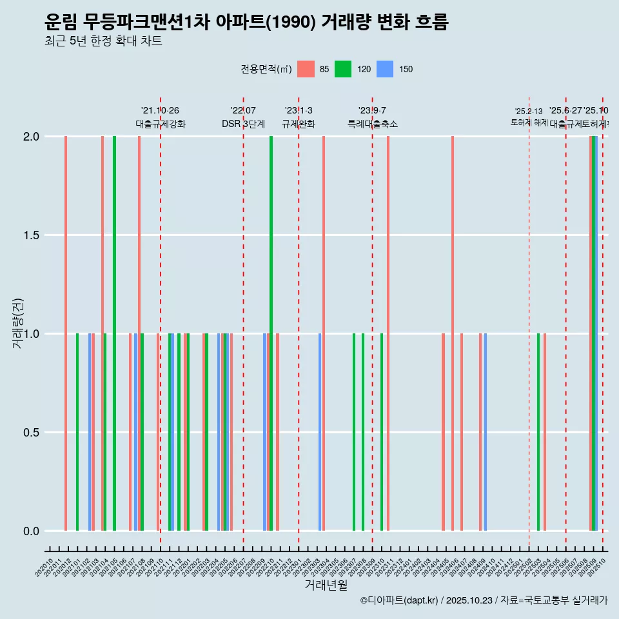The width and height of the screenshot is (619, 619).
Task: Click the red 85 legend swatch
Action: pos(306,69)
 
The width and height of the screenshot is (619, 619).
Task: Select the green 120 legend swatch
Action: pos(343,69)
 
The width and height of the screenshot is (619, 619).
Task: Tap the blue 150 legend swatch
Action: pos(385,69)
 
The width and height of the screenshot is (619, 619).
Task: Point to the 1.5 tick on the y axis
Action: pos(30,235)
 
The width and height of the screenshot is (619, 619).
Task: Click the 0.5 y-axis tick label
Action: pos(30,433)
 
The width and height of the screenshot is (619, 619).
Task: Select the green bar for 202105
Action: pos(114,333)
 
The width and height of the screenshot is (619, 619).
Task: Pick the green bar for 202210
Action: pos(271,333)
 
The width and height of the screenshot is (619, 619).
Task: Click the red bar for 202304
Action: pos(324,333)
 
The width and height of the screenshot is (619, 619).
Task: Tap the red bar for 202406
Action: pos(453,333)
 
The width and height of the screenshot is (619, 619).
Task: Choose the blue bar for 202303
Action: pos(320,432)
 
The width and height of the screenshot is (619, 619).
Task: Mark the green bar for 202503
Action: pos(538,432)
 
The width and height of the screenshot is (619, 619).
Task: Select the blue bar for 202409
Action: pos(486,432)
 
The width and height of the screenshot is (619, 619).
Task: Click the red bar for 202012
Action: pos(66,333)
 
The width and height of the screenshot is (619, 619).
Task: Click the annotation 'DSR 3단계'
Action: pos(243,124)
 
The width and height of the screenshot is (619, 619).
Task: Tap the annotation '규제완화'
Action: pos(299,124)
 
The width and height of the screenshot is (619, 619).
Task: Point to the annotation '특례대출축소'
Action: pos(373,124)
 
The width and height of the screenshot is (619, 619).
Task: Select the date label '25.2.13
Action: pos(529,111)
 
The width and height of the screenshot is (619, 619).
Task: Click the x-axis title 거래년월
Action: pos(326,585)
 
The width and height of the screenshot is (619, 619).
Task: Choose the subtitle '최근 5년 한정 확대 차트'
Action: pos(103,41)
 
